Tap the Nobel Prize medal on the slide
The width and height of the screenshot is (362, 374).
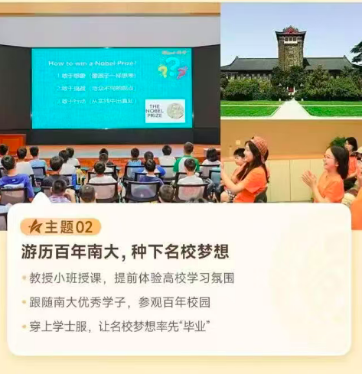pyautogui.click(x=176, y=110)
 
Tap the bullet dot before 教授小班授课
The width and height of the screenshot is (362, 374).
pyautogui.click(x=25, y=278)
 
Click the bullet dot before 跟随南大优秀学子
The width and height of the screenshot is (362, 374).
pyautogui.click(x=25, y=302)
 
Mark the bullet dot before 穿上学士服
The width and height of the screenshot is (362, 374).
pyautogui.click(x=25, y=327)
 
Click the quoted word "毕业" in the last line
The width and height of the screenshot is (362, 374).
pyautogui.click(x=194, y=327)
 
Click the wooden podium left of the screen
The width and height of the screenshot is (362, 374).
pyautogui.click(x=13, y=144)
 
